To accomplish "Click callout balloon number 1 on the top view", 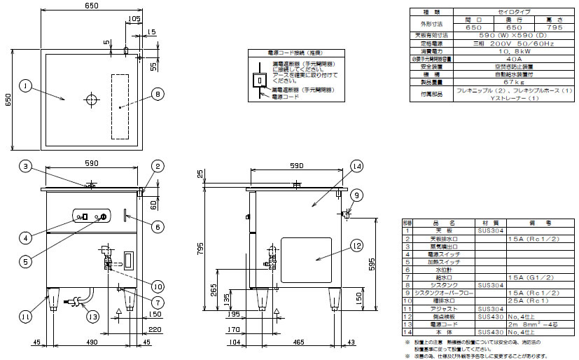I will pyautogui.click(x=25, y=86).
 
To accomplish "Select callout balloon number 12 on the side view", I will pyautogui.click(x=358, y=245).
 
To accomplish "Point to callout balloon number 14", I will pyautogui.click(x=357, y=166).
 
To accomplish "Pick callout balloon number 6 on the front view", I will pyautogui.click(x=157, y=226).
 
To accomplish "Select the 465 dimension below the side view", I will pyautogui.click(x=299, y=342).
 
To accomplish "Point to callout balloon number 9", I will pyautogui.click(x=356, y=195).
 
